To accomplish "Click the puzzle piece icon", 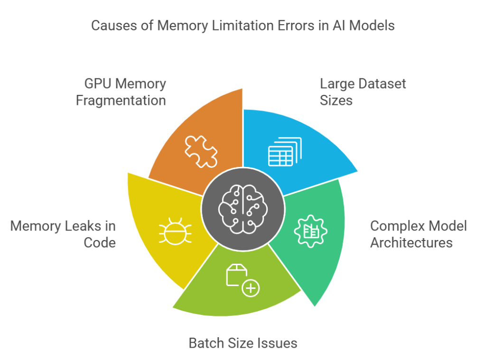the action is coord(201,151).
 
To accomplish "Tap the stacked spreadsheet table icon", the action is coord(285,152).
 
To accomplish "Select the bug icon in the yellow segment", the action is coord(175,231).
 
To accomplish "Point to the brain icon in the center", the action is coord(243,209).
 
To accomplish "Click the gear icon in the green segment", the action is coord(310,231).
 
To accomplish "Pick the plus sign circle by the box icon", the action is coord(251,288).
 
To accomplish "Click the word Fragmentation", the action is coord(121,101).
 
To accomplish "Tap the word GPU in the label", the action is coord(98,84).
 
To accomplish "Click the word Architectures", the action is coord(411,242).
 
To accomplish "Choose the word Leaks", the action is coord(81,226).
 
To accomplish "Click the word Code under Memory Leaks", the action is coord(100,242).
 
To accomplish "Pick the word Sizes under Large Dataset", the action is coord(336,101).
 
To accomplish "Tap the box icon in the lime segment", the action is coord(236,275).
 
